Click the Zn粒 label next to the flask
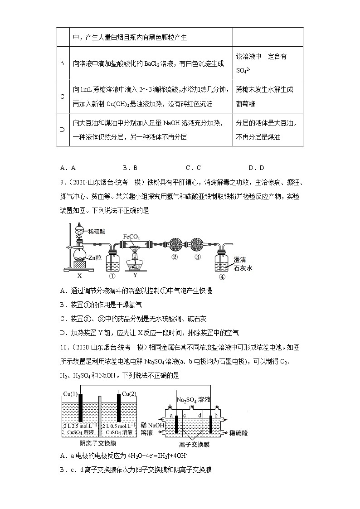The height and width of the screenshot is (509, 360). [95, 258]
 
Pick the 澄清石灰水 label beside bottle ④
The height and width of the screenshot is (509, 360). [243, 263]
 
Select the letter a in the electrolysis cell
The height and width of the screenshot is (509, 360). [170, 415]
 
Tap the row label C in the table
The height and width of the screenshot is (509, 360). [62, 97]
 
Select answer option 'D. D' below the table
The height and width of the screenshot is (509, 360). [256, 168]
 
